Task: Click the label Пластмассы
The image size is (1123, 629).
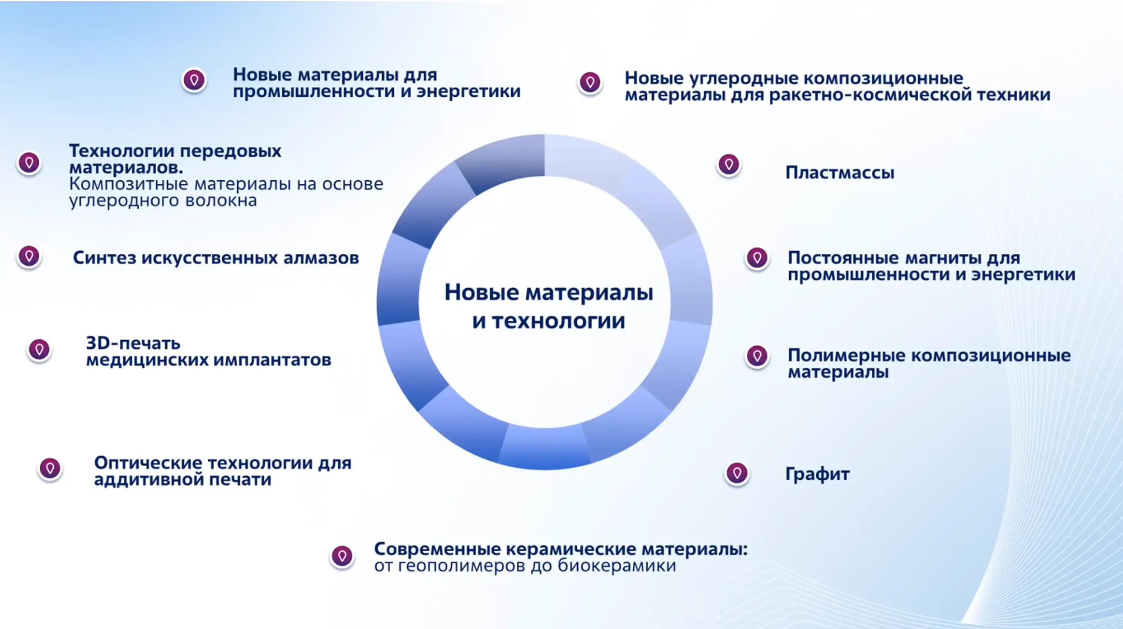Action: (x=840, y=173)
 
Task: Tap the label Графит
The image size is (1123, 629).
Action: (x=818, y=474)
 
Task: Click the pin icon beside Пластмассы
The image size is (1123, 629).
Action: (x=728, y=165)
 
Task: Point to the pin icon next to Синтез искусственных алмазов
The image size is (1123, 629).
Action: (x=29, y=256)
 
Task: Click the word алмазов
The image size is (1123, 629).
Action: (x=321, y=258)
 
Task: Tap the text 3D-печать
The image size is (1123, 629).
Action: (x=133, y=343)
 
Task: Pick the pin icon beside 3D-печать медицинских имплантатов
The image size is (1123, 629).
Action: (x=39, y=349)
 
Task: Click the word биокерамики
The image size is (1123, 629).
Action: (x=617, y=566)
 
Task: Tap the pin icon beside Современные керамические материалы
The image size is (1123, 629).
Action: (x=342, y=556)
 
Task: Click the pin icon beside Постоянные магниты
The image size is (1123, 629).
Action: (x=757, y=258)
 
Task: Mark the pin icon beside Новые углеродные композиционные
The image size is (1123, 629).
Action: (x=590, y=82)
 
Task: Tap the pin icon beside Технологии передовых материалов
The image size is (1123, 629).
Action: (x=29, y=163)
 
